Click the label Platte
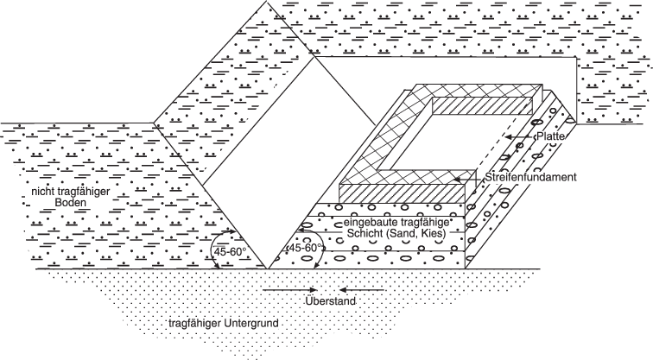[550, 136]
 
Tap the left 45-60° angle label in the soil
[229, 252]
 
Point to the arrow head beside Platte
[510, 136]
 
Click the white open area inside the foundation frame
[441, 143]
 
